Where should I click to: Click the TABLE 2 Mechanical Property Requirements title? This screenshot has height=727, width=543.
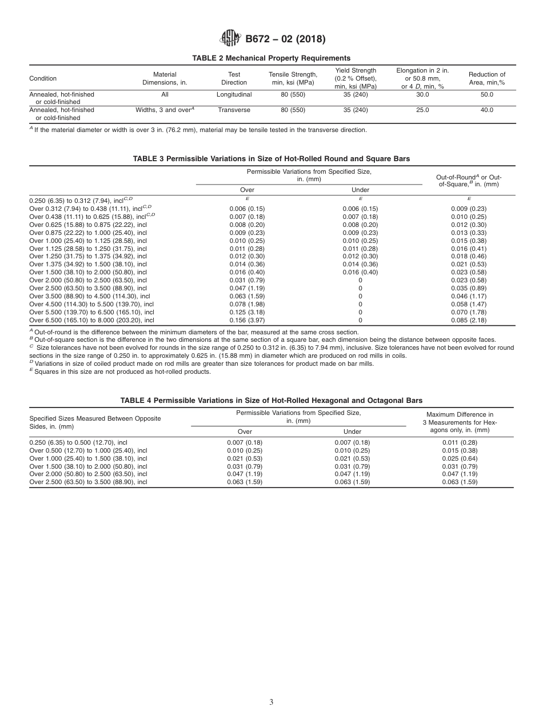tap(271, 58)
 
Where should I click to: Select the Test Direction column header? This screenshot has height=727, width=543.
tap(234, 78)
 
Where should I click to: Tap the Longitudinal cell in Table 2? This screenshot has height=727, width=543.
tap(234, 94)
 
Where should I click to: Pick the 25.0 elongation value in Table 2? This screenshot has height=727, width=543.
tap(422, 110)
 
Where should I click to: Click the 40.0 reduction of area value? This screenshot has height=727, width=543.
tap(486, 110)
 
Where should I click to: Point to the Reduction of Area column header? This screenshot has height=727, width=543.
tap(486, 78)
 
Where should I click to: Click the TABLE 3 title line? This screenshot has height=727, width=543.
tap(271, 158)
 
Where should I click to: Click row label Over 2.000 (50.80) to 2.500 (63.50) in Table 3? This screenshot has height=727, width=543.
tap(88, 280)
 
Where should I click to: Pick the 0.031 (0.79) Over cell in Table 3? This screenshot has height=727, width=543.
tap(247, 280)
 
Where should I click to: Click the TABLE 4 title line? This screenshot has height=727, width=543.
tap(271, 401)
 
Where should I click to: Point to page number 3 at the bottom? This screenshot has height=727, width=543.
tap(271, 702)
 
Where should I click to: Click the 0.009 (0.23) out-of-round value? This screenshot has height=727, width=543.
tap(469, 209)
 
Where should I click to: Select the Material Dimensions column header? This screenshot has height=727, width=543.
tap(165, 78)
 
